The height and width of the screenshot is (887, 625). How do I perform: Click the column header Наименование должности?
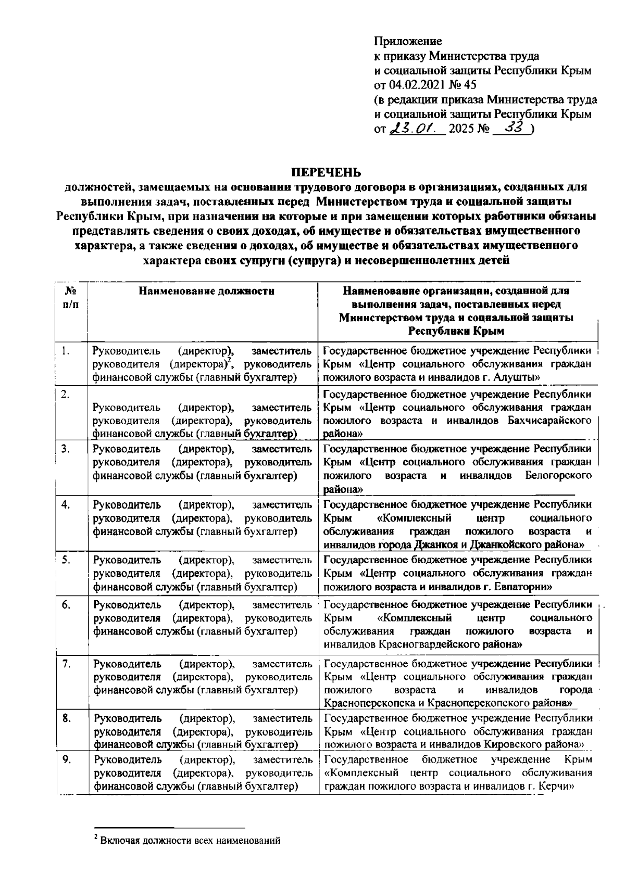click(206, 291)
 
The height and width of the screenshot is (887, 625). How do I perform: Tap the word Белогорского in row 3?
click(558, 475)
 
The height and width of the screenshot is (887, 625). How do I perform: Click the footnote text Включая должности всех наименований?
click(190, 840)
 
